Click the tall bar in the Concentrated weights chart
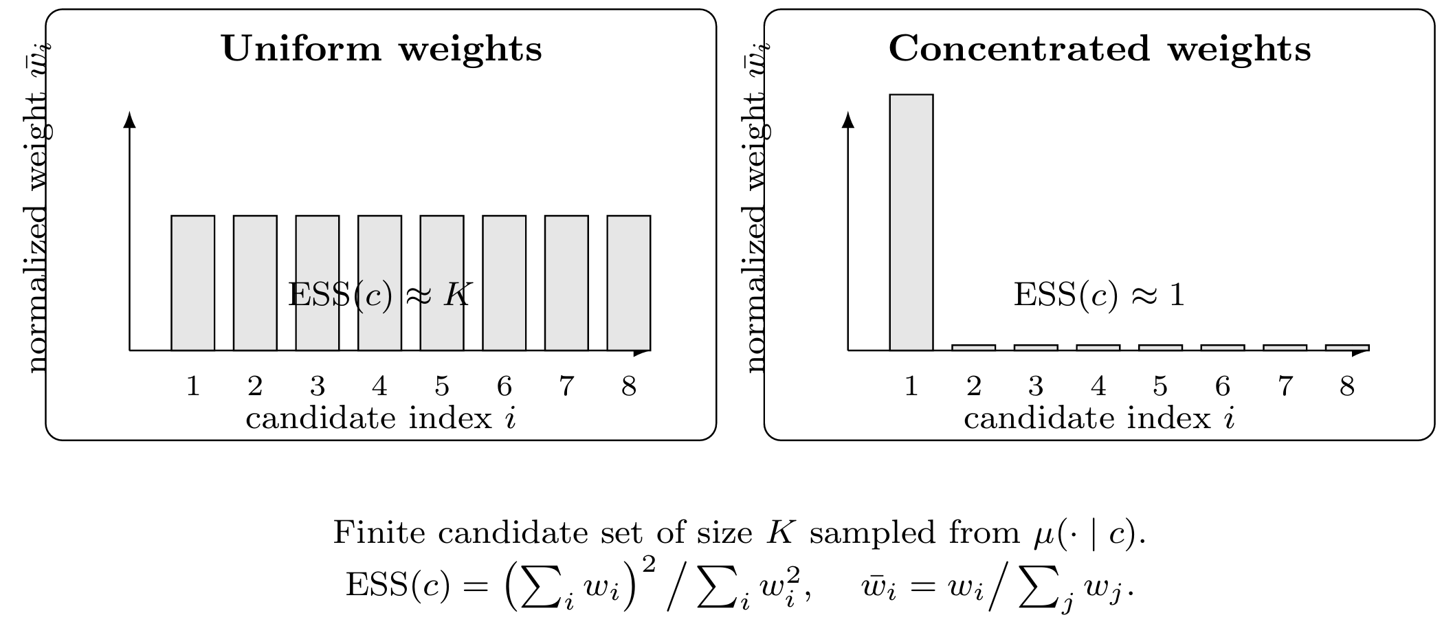pyautogui.click(x=911, y=222)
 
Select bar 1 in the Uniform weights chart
pyautogui.click(x=192, y=282)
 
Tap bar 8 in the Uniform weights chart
pyautogui.click(x=628, y=282)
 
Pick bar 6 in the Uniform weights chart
pyautogui.click(x=504, y=282)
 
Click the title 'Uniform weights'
pyautogui.click(x=381, y=49)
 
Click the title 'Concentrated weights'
pyautogui.click(x=1100, y=49)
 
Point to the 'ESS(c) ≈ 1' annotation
pyautogui.click(x=1100, y=296)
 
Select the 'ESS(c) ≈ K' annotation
pyautogui.click(x=380, y=296)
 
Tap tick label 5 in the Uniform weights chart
pyautogui.click(x=442, y=387)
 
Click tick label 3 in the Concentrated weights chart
pyautogui.click(x=1035, y=387)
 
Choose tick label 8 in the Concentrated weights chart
pyautogui.click(x=1347, y=387)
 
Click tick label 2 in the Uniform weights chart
pyautogui.click(x=255, y=387)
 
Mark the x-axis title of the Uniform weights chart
pyautogui.click(x=380, y=419)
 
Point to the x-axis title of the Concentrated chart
pyautogui.click(x=1099, y=419)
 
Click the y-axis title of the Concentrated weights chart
pyautogui.click(x=757, y=206)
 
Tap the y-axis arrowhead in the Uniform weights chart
pyautogui.click(x=129, y=120)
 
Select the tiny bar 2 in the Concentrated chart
pyautogui.click(x=973, y=348)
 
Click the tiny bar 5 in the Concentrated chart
pyautogui.click(x=1160, y=348)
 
